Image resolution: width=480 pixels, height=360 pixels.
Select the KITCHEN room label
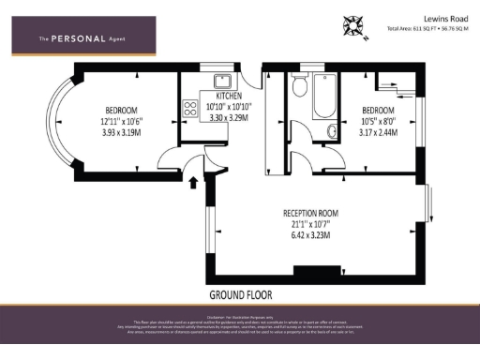229,97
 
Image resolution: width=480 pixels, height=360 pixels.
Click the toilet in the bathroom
299,87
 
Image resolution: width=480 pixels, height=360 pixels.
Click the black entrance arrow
195,181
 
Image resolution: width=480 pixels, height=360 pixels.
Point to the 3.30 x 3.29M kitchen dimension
229,118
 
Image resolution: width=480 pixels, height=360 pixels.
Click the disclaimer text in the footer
240,323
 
